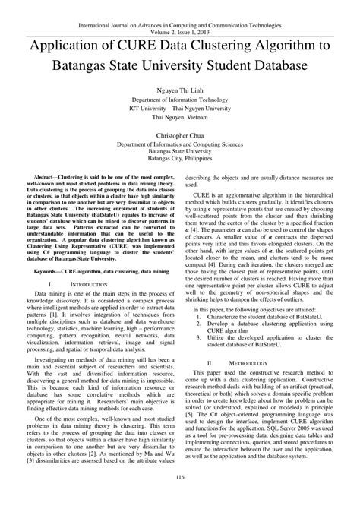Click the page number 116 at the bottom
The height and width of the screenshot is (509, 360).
[180, 497]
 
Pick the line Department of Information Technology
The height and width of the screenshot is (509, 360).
[180, 100]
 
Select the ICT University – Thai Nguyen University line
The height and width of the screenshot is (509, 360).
[180, 109]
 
